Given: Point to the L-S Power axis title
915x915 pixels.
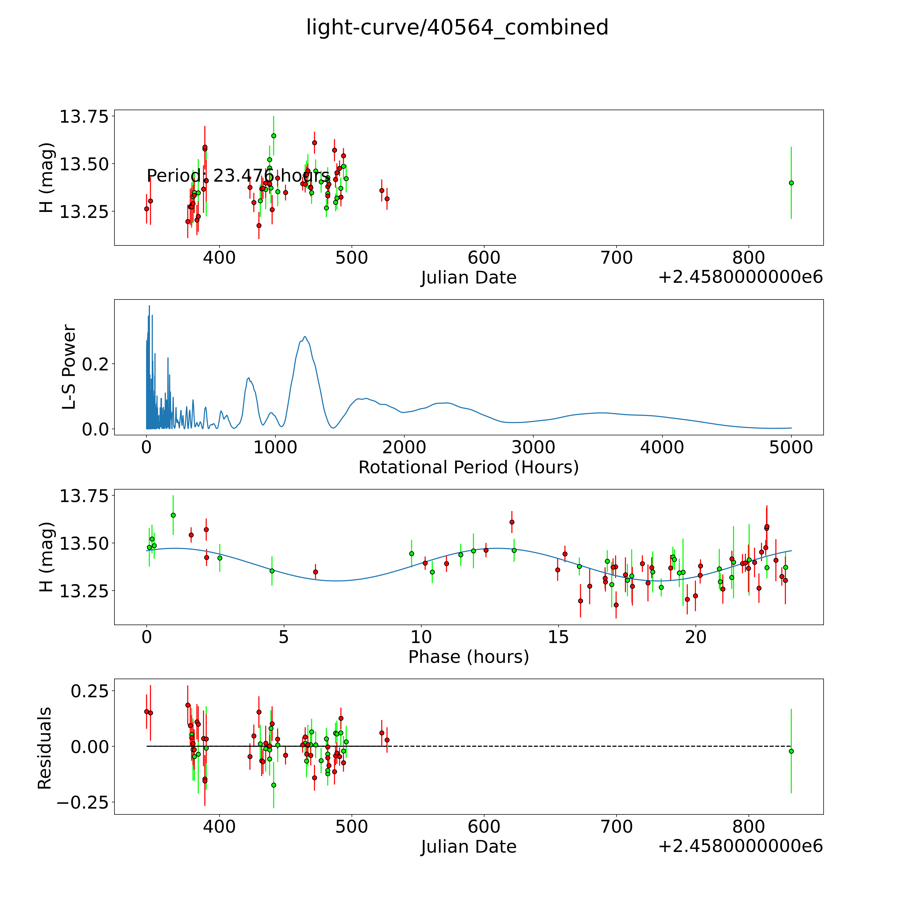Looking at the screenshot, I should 69,367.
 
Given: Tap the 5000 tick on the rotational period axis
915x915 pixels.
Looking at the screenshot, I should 790,447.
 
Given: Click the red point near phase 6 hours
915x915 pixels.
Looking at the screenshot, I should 315,572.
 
